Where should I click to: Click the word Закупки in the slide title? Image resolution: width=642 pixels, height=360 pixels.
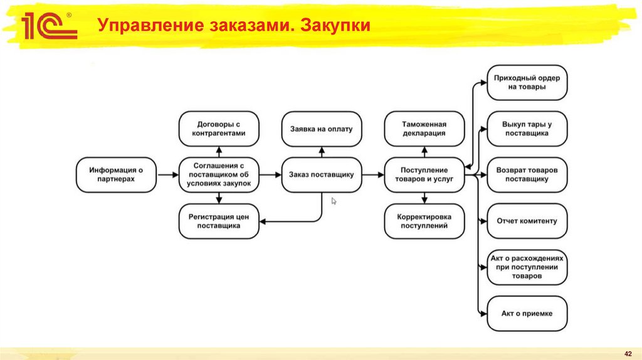(339, 26)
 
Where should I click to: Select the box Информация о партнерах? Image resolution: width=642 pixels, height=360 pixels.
(116, 174)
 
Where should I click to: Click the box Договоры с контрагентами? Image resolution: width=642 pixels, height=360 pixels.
(219, 129)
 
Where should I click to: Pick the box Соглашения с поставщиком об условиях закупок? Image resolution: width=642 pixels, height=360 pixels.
(219, 174)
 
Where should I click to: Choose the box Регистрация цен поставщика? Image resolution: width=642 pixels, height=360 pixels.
(219, 221)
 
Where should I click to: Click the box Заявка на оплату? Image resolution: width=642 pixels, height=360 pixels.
(322, 129)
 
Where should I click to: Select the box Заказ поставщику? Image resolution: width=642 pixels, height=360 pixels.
(322, 174)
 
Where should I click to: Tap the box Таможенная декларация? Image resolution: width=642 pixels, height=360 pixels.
(424, 129)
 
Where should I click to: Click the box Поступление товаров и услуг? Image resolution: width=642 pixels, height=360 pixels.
(424, 174)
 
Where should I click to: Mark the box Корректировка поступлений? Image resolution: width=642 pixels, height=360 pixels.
(424, 221)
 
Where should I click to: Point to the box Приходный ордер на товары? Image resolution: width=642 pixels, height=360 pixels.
(527, 82)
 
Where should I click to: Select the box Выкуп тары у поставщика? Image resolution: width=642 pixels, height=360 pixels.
(527, 129)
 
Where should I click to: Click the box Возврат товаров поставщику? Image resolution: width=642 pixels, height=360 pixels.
(527, 174)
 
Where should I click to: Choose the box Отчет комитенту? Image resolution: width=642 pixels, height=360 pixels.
(527, 221)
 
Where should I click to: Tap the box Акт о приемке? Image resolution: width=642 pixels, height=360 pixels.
(527, 313)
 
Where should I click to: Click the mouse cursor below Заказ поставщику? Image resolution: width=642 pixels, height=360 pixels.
(334, 201)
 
